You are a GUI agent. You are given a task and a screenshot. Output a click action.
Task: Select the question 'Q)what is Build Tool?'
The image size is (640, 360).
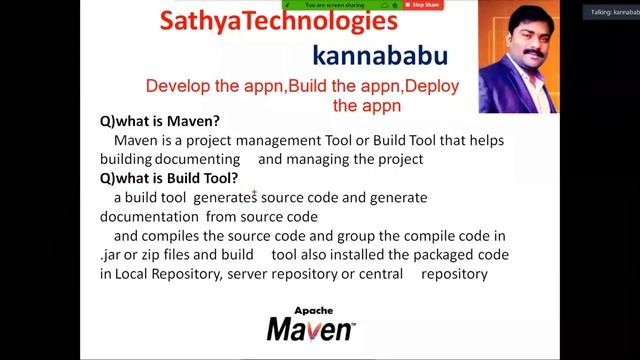click(175, 178)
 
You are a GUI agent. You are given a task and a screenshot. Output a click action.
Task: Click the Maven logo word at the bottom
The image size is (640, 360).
click(309, 327)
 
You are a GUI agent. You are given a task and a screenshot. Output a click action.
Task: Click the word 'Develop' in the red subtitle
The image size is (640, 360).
click(177, 86)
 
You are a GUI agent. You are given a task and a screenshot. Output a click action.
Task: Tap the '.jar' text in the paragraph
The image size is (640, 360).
click(111, 254)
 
